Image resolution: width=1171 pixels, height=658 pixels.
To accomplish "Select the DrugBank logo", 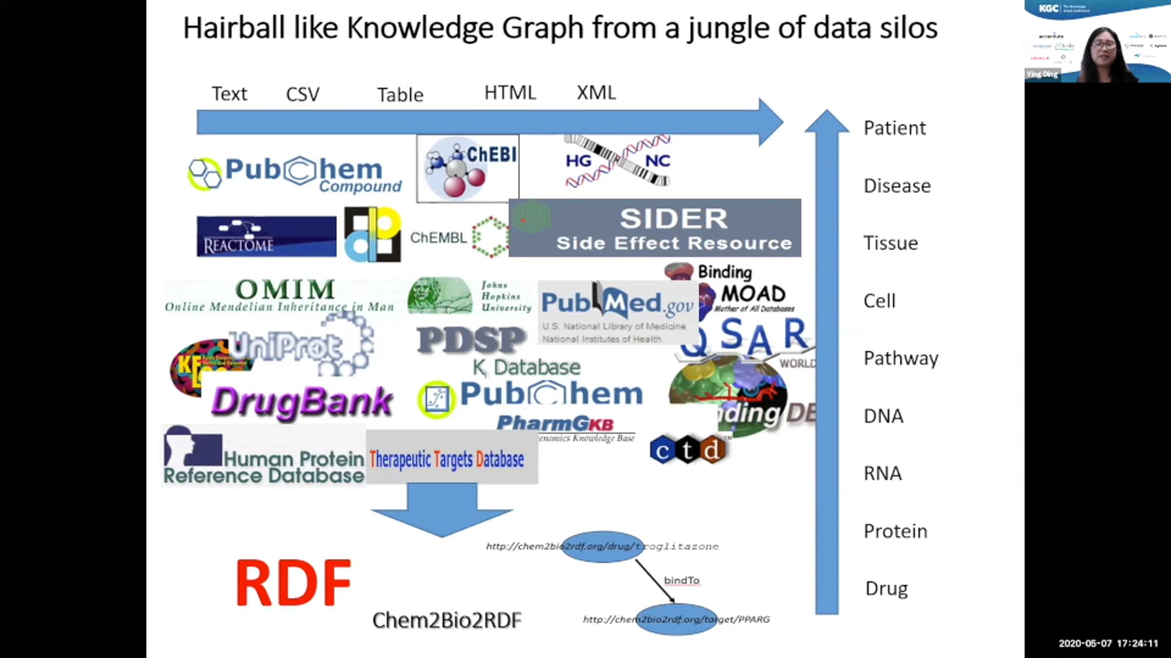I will [x=302, y=402].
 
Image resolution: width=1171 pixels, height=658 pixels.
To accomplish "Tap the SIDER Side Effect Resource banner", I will [x=654, y=228].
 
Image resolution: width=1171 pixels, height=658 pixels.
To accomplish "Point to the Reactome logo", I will [x=266, y=236].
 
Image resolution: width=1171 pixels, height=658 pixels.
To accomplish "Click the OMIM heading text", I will [x=285, y=289].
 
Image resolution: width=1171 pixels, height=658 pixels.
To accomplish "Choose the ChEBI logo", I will [x=468, y=169].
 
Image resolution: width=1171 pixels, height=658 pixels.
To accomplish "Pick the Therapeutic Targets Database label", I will [x=446, y=459].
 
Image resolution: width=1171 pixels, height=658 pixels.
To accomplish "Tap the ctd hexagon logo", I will [x=687, y=450].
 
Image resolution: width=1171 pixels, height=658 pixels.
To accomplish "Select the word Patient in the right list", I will [x=894, y=128].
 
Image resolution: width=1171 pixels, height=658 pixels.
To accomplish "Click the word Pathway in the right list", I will [x=900, y=358].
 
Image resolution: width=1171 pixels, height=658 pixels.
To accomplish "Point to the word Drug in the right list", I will [x=886, y=589].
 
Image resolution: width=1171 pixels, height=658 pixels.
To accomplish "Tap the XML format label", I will [x=596, y=93].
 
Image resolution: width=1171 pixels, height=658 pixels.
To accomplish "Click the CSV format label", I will [x=303, y=94].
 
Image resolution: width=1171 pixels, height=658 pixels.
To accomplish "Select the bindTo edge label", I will [x=681, y=581].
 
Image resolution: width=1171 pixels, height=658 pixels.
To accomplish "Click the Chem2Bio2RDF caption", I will [x=446, y=620].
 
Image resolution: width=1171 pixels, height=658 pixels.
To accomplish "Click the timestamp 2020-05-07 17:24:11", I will [x=1108, y=643].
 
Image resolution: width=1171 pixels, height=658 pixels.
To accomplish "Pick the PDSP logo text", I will [x=471, y=340].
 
